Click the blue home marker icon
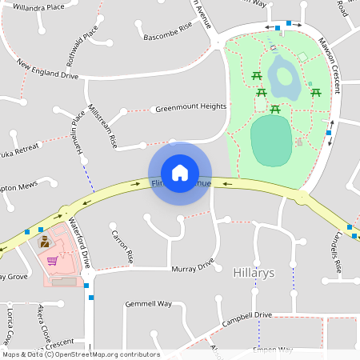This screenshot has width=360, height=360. pos(180,173)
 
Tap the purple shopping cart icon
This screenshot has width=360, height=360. pos(52,261)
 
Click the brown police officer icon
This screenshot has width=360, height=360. pos(45,242)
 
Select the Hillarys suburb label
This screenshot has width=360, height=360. pos(254,273)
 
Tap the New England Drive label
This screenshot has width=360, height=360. pos(47,70)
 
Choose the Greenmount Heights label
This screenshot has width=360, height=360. pos(191,106)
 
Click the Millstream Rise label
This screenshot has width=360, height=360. pos(102,126)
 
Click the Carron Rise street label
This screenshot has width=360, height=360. pos(122,246)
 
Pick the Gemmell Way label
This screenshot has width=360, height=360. pos(148,304)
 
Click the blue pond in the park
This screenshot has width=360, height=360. pos(282,81)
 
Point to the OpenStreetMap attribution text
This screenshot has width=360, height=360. pos(80,354)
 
